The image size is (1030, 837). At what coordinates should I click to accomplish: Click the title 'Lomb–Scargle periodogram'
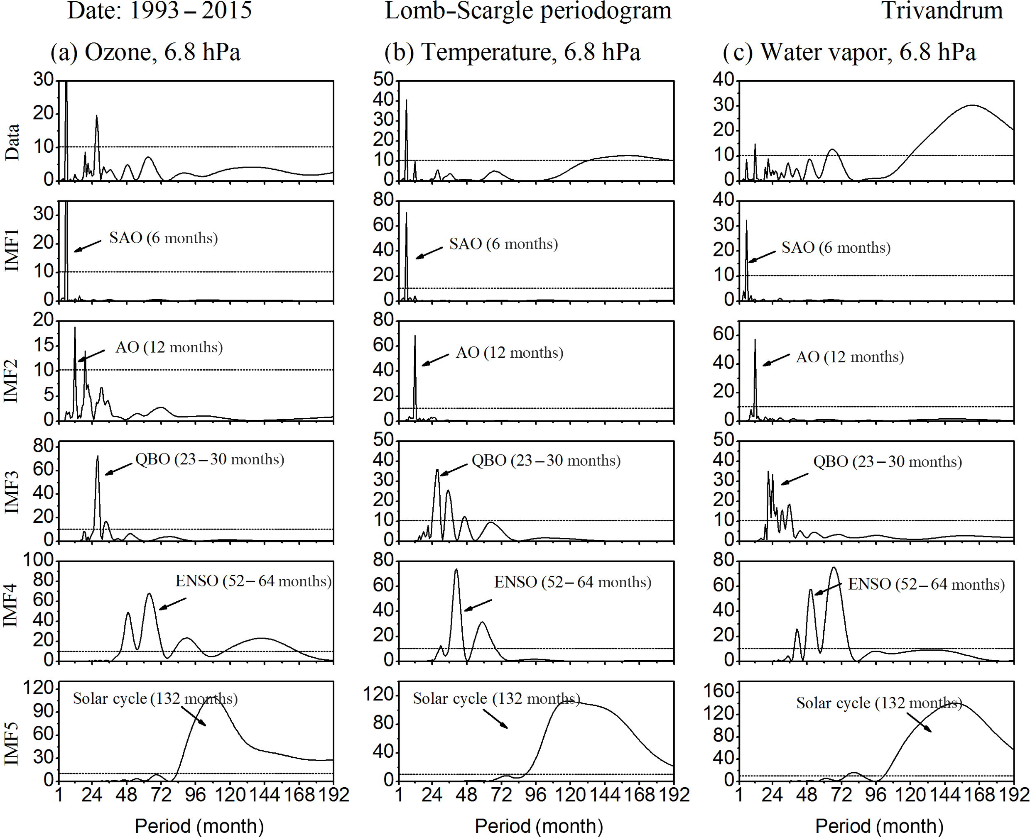(528, 11)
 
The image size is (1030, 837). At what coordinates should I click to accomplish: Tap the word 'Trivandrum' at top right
(942, 11)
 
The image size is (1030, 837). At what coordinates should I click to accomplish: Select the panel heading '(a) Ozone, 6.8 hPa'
(145, 52)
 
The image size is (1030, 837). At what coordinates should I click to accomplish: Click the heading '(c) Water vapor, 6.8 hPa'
(849, 52)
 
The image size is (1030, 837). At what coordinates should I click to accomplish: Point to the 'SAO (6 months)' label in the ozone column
(164, 238)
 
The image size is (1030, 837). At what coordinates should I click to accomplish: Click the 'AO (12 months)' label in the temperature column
(510, 352)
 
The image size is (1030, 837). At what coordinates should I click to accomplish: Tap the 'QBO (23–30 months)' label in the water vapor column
(887, 461)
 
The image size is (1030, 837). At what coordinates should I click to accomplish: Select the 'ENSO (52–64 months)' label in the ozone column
(253, 581)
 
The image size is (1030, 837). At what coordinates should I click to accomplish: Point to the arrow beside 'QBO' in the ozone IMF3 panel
(118, 469)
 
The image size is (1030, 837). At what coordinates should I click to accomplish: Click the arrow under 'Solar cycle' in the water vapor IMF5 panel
(919, 722)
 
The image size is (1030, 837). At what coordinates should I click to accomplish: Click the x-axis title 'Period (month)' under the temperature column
(539, 826)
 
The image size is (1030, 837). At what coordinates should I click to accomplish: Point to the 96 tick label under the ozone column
(195, 794)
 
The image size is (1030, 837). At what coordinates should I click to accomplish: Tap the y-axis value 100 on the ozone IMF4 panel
(39, 560)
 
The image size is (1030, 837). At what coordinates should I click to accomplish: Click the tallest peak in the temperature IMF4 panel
(456, 570)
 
